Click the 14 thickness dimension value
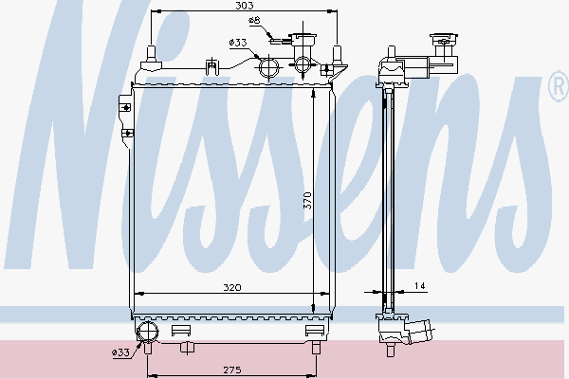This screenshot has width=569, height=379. click(x=419, y=285)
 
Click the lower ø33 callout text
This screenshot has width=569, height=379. click(x=121, y=352)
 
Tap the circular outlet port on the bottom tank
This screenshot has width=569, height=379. click(x=149, y=331)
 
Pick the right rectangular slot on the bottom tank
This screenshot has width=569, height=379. click(x=316, y=331)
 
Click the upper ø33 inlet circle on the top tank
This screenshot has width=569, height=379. click(x=269, y=67)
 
